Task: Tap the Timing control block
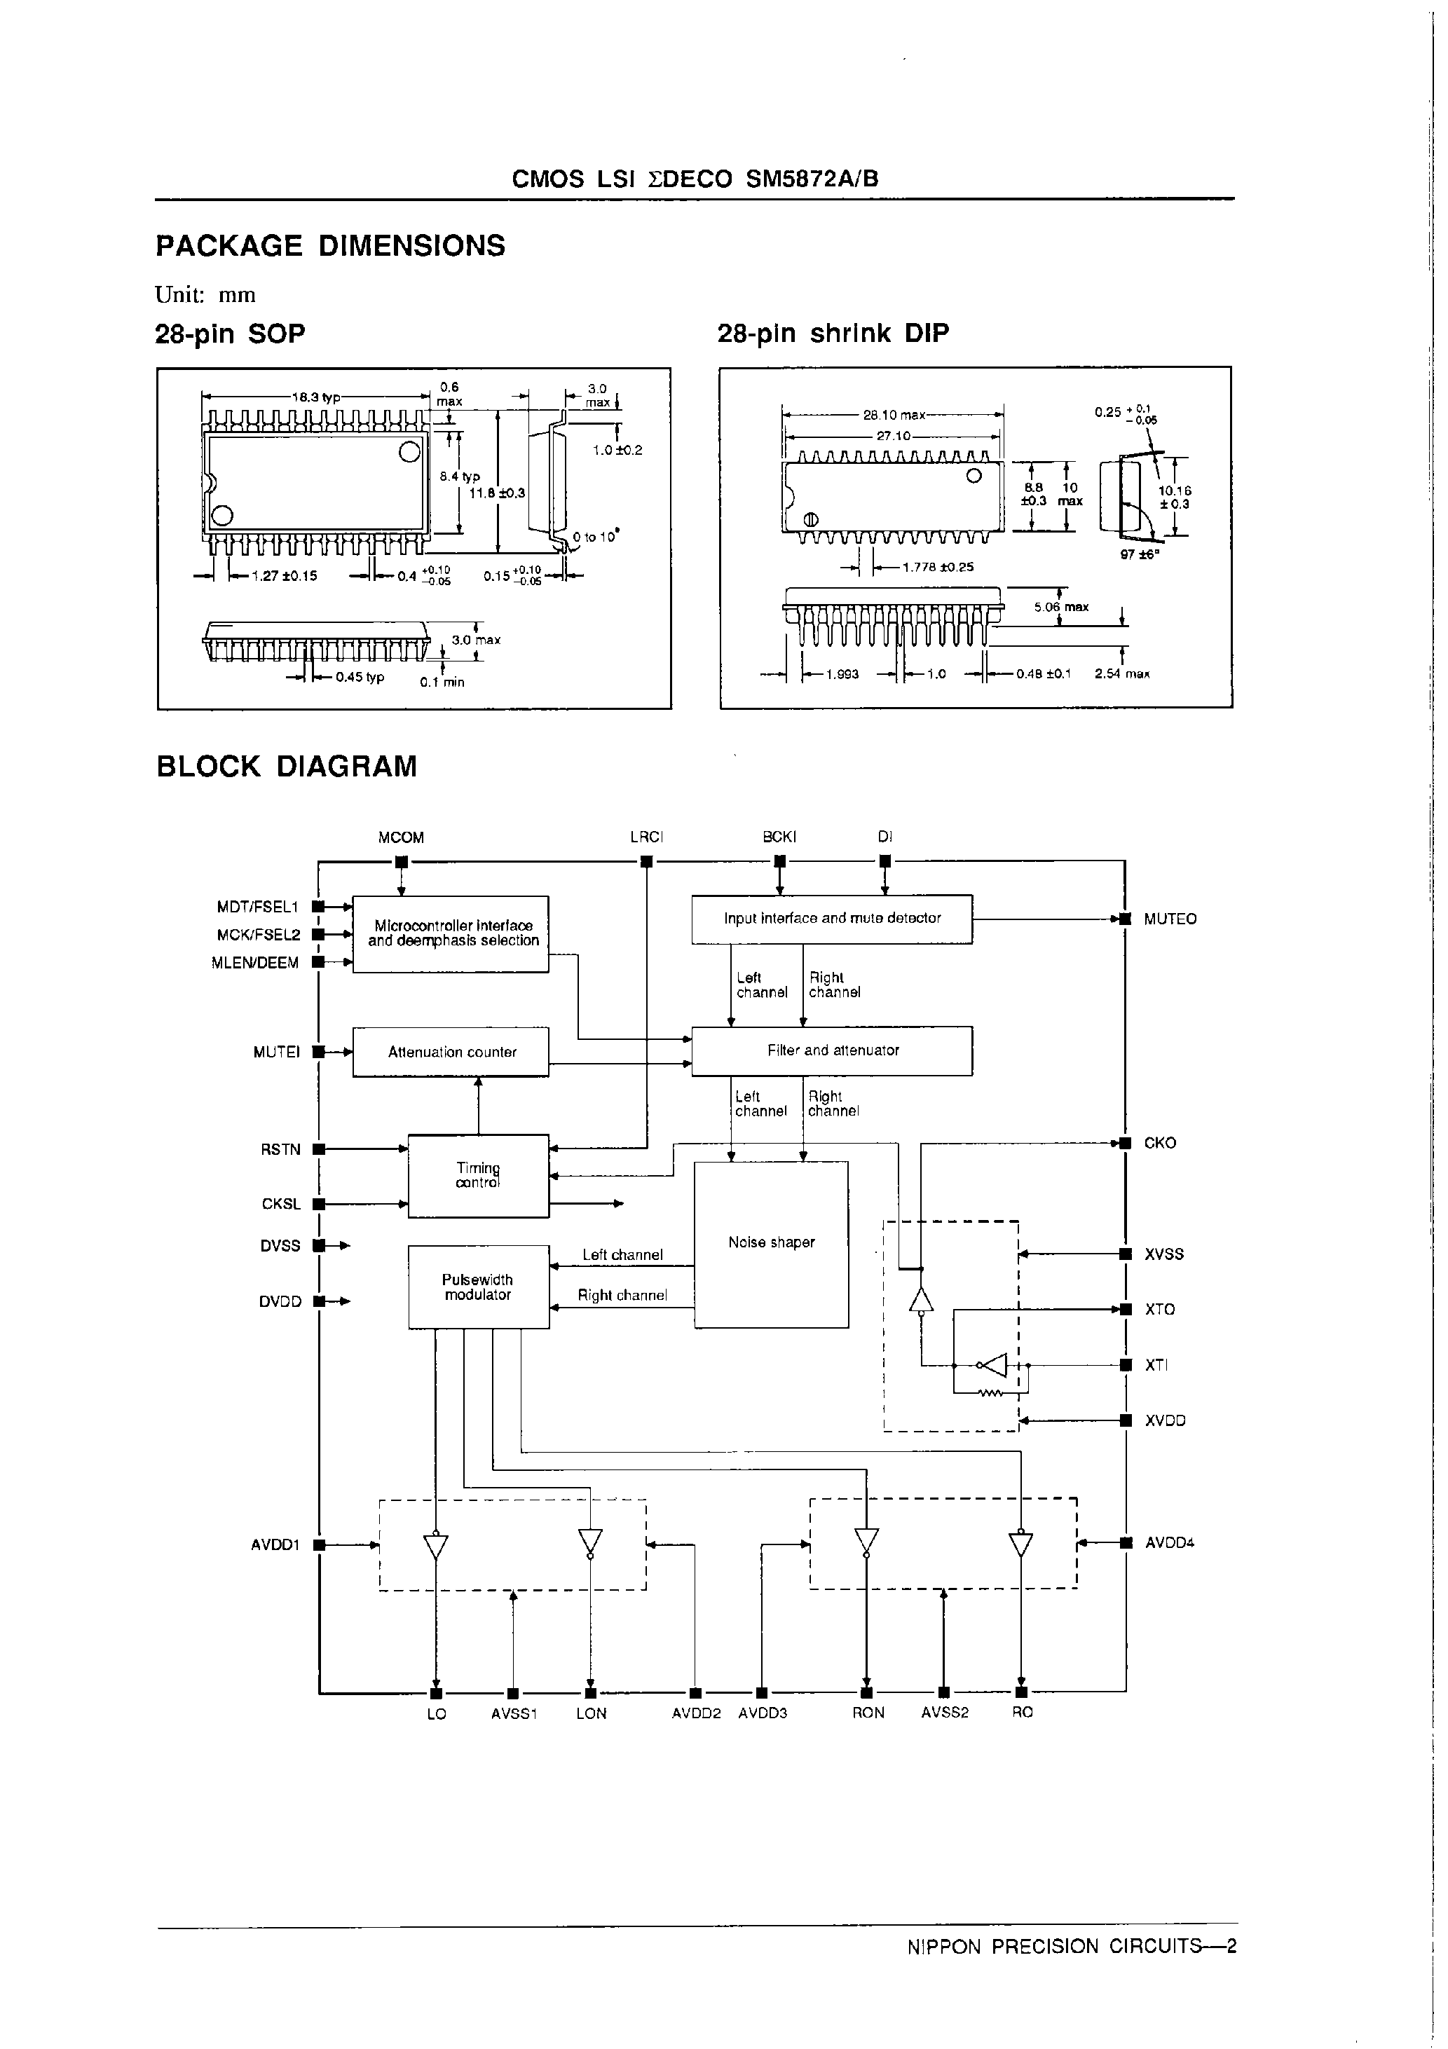[479, 1175]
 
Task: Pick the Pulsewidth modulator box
[479, 1287]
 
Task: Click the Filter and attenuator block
[832, 1050]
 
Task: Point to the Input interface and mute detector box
[832, 918]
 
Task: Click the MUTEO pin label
[1170, 919]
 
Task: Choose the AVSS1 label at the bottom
[513, 1713]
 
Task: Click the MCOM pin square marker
[401, 862]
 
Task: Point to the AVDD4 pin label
[1170, 1542]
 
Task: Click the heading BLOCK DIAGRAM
[287, 767]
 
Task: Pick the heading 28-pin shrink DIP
[833, 334]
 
